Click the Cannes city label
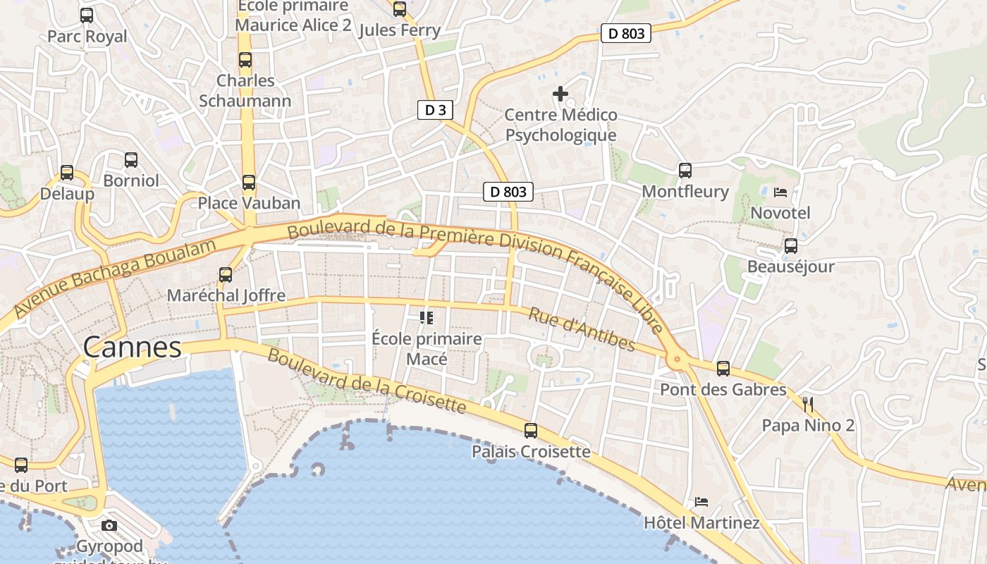point(132,347)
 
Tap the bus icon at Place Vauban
point(248,183)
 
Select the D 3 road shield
point(434,110)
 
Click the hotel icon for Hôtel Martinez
point(701,502)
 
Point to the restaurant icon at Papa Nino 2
point(808,405)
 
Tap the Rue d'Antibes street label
point(582,329)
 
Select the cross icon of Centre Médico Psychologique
point(560,93)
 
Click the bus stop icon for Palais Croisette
point(530,430)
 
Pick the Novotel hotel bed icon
point(780,192)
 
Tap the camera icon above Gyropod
point(109,525)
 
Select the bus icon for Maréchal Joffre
point(226,274)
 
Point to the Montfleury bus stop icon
point(685,170)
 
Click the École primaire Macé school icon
point(426,318)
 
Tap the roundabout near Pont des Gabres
point(678,360)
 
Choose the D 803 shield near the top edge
point(625,32)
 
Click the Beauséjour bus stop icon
point(791,245)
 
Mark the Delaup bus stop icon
point(66,172)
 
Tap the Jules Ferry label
point(400,30)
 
